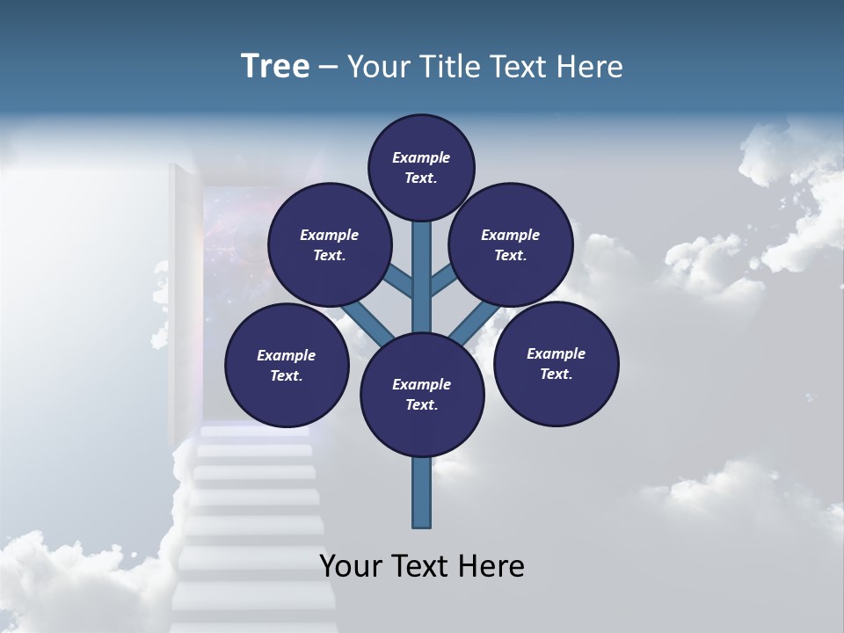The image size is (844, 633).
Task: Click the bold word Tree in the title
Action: [275, 67]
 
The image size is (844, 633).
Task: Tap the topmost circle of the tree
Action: [421, 167]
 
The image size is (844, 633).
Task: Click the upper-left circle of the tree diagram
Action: [330, 244]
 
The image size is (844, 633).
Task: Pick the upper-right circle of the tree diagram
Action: [511, 244]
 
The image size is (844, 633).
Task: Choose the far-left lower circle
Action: [287, 365]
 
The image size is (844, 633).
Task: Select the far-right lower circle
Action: [556, 363]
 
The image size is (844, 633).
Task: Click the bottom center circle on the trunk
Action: [422, 394]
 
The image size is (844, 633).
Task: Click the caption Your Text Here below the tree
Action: [422, 566]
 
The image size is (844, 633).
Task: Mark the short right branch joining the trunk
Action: [443, 282]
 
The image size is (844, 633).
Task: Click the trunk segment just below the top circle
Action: [422, 242]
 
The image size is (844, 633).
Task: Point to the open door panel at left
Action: [182, 290]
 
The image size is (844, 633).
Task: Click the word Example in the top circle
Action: [421, 157]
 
